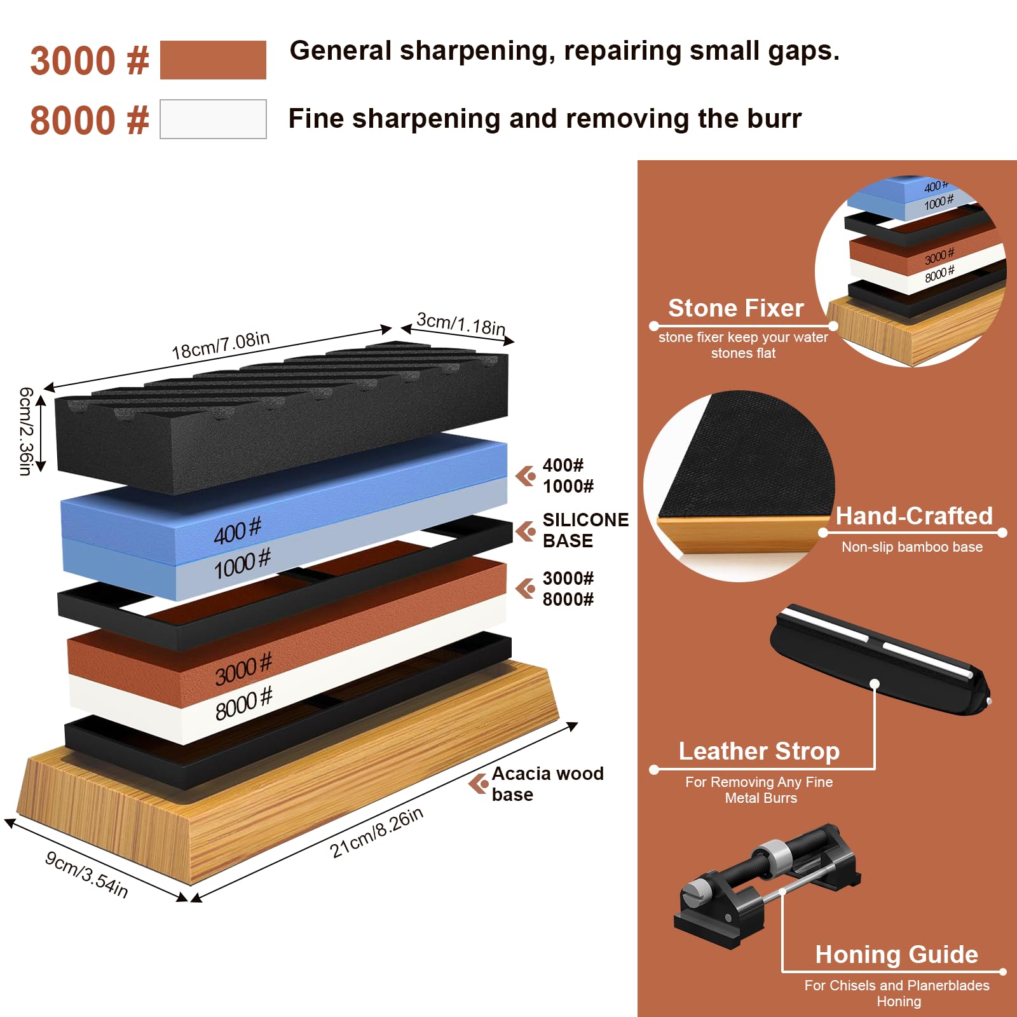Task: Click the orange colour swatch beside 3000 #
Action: (x=213, y=60)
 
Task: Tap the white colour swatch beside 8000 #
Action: (x=213, y=119)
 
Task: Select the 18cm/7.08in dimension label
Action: (x=221, y=345)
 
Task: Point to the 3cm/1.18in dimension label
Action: (x=461, y=324)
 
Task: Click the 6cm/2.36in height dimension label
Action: (x=25, y=431)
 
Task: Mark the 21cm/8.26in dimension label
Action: (x=376, y=833)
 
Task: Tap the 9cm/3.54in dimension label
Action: (x=86, y=875)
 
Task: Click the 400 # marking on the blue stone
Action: (x=237, y=531)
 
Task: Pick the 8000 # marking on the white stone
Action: (x=243, y=703)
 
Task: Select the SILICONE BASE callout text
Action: (x=585, y=530)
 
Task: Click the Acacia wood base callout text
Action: (x=547, y=784)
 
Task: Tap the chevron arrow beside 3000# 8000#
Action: (x=526, y=589)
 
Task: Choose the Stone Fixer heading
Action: (x=736, y=308)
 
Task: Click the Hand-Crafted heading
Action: (x=914, y=515)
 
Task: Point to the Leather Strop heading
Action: (x=759, y=751)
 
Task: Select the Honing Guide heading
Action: (x=896, y=954)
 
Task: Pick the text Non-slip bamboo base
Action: (x=912, y=547)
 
